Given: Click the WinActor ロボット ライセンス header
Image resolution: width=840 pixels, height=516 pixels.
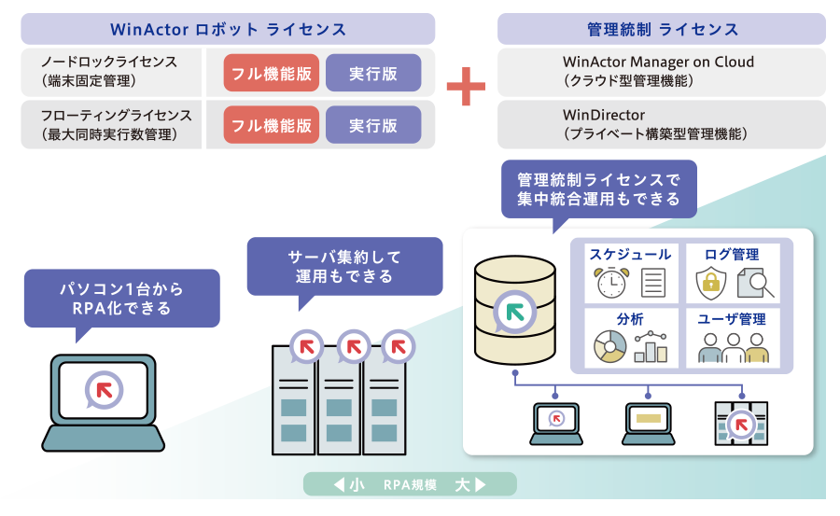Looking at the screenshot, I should [228, 29].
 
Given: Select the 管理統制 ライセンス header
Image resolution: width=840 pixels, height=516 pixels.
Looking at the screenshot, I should [662, 29].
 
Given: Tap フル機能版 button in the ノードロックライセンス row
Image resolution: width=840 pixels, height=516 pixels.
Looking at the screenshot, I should [272, 72].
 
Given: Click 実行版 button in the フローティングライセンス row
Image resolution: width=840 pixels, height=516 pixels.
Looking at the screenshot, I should [373, 125].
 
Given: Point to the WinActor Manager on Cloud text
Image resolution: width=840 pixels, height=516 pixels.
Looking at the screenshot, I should [658, 62].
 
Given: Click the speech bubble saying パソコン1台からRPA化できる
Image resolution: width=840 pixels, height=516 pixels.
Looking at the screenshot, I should [121, 298].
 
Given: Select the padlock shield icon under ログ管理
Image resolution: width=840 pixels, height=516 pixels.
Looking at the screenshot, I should [712, 282].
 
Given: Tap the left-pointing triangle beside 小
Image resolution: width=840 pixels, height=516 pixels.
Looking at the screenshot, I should [338, 485].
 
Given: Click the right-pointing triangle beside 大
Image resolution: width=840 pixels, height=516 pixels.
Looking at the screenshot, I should [480, 485].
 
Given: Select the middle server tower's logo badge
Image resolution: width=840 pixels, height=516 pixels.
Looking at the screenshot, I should [353, 347].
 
